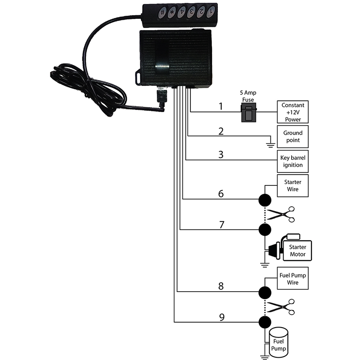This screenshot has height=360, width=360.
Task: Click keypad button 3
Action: click(x=193, y=11)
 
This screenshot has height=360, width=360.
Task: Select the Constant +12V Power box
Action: click(x=293, y=112)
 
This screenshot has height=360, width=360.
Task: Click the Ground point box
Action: click(x=293, y=137)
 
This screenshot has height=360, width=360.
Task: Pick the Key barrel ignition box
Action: click(x=293, y=162)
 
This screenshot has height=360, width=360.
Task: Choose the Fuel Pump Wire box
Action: click(x=293, y=279)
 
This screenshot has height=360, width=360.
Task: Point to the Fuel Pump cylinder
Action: click(x=279, y=343)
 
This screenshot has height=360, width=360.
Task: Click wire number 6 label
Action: click(x=220, y=193)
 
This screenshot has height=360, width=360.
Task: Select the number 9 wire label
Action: click(x=221, y=317)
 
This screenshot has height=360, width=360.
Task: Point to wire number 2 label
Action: click(x=220, y=131)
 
